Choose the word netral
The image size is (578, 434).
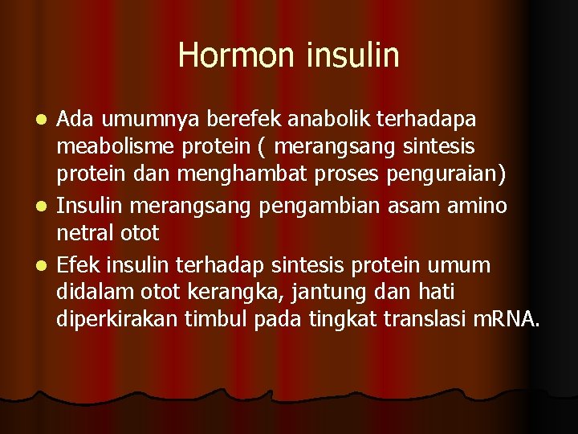pyautogui.click(x=82, y=235)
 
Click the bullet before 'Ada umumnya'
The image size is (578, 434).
pyautogui.click(x=46, y=120)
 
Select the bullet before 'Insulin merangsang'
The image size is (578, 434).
pyautogui.click(x=46, y=207)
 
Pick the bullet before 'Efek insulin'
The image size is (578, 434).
pyautogui.click(x=46, y=265)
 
